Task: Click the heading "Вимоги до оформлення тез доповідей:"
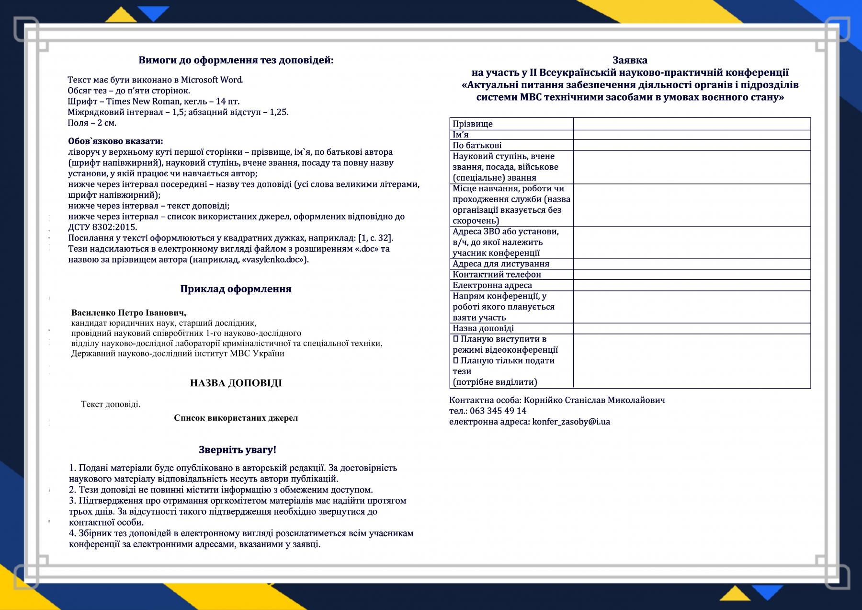point(236,60)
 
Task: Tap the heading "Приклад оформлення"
point(236,289)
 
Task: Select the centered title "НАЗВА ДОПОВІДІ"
point(236,383)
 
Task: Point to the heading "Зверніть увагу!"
point(238,450)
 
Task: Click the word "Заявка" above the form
point(630,60)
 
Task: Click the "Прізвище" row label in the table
point(473,124)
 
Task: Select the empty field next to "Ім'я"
point(692,135)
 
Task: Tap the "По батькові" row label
point(477,145)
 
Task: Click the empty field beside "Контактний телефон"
point(692,275)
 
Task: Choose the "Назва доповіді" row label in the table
point(483,328)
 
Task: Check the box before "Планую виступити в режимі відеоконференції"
point(456,339)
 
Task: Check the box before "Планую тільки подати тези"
point(456,360)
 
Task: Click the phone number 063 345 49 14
point(498,411)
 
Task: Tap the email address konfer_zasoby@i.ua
point(571,422)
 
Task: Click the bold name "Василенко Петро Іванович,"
point(129,313)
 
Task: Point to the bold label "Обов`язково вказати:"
point(115,141)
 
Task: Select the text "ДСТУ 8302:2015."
point(102,227)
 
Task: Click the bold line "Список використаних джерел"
point(236,418)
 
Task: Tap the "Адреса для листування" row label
point(501,264)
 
